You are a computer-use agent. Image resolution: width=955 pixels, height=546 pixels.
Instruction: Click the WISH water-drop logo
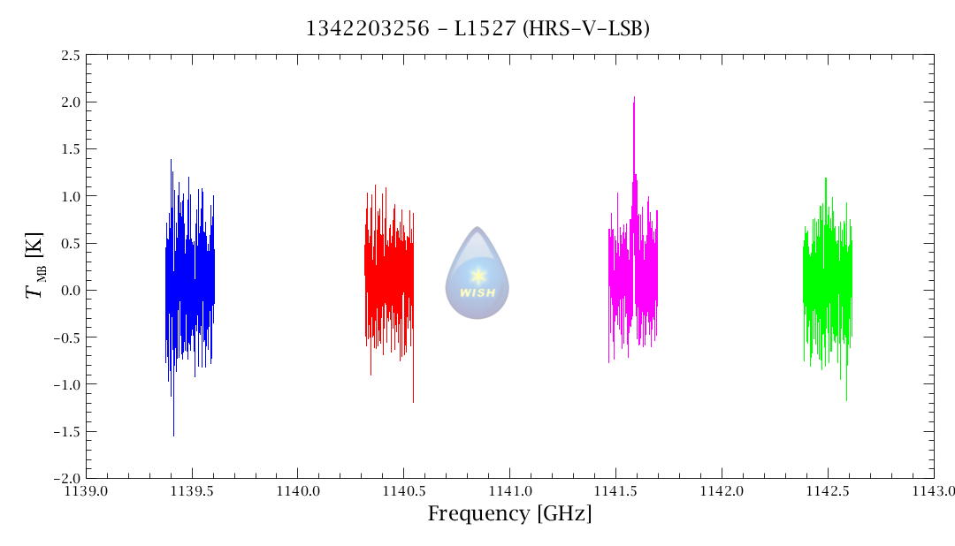477,273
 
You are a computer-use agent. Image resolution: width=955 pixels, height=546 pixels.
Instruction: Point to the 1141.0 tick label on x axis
509,490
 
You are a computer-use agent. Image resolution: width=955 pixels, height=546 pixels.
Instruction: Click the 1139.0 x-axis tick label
86,490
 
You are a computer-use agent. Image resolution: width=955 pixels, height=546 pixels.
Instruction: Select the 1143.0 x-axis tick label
933,490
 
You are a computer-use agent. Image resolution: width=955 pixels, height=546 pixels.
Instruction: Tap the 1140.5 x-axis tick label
403,490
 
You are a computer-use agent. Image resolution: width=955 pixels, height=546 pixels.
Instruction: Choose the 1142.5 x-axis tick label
827,490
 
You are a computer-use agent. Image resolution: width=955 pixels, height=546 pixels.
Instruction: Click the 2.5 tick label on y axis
71,56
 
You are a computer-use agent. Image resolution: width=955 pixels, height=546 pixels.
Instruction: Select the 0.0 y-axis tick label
71,291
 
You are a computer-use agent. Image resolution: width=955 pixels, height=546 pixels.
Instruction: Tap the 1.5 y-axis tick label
71,149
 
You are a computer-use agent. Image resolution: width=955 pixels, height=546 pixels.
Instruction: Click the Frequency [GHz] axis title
509,513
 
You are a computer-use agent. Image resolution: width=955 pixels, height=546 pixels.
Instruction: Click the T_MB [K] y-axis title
37,266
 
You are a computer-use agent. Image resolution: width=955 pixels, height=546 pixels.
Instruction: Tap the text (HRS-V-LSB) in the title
586,28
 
